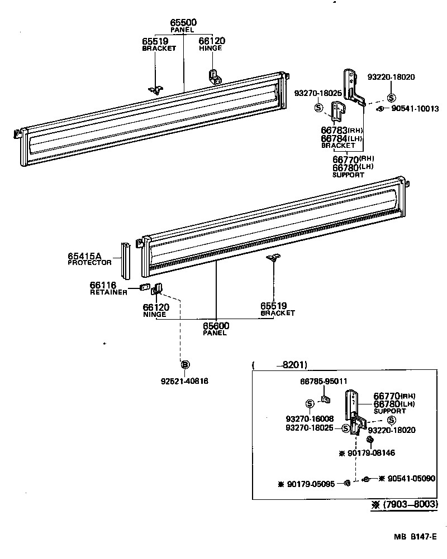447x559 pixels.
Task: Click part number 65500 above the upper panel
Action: [183, 22]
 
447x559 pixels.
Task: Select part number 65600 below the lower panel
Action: [216, 326]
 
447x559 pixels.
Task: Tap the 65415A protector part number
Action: [85, 256]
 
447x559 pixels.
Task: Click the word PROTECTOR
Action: [89, 263]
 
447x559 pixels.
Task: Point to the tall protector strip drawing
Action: [126, 261]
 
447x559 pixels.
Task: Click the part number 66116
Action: [103, 285]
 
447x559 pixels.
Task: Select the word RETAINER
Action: [108, 292]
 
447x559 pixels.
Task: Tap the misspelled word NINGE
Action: [154, 314]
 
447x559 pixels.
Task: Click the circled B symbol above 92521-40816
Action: [184, 364]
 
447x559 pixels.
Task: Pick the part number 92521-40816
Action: [184, 381]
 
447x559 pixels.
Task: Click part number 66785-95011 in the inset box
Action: [324, 381]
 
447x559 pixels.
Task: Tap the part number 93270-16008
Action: [309, 418]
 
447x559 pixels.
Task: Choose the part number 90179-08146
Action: [370, 453]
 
